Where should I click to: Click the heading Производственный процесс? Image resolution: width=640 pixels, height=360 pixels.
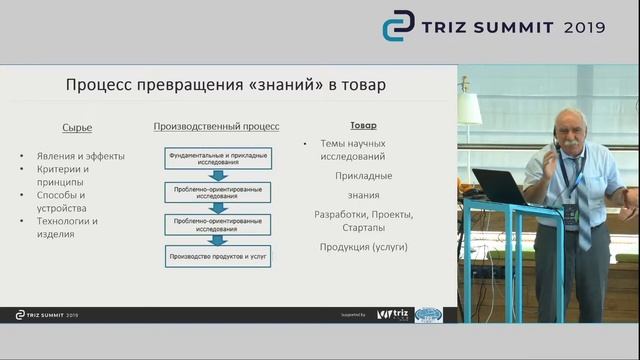216,127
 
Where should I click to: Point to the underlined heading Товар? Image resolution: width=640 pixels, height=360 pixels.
363,126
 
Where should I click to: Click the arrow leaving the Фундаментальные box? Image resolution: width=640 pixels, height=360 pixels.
216,177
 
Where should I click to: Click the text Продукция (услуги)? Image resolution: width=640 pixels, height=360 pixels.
363,246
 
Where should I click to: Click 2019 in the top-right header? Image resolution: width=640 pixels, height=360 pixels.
585,27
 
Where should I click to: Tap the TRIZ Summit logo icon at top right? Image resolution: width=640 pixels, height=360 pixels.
398,26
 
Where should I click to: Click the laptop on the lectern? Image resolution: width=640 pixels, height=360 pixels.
499,187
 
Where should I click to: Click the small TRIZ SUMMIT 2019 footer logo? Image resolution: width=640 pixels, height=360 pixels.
47,314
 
